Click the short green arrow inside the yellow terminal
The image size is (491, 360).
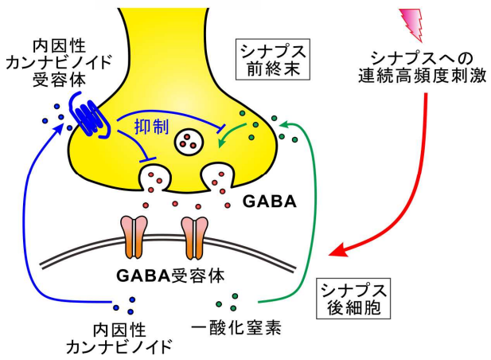pos(231,140)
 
